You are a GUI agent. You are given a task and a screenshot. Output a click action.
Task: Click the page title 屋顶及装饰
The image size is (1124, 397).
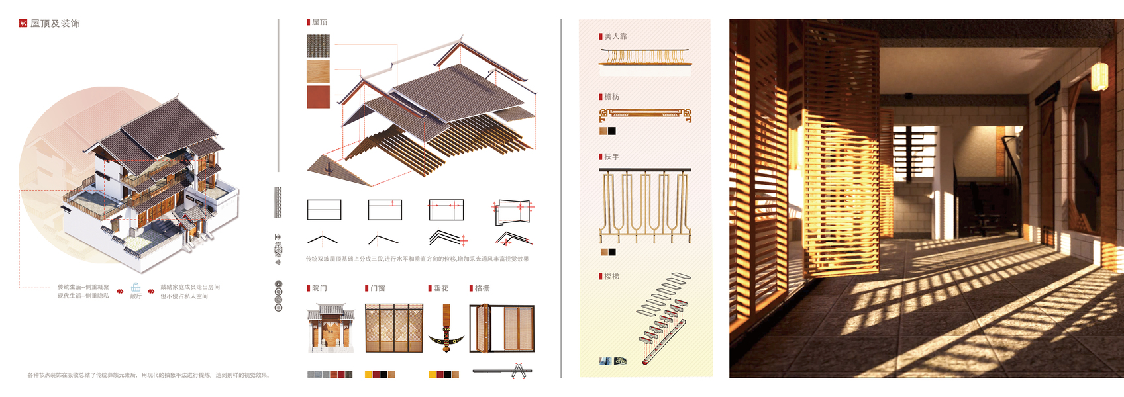[55, 24]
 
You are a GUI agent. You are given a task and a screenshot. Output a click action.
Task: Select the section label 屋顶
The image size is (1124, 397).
[319, 22]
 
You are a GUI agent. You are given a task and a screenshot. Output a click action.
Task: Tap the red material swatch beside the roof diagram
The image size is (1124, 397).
[318, 97]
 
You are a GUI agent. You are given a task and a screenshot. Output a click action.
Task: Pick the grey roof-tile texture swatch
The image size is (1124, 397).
[318, 46]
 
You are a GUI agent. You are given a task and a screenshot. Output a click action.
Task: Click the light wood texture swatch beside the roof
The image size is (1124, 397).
[318, 71]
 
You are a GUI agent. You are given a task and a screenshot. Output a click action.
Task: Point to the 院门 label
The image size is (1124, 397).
[319, 288]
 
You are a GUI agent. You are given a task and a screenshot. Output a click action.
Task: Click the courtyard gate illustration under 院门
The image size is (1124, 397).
[331, 328]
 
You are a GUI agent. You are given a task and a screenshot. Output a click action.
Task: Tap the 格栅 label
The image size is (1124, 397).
[482, 288]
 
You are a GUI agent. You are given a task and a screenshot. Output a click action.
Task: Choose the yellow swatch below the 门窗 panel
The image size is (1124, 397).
[368, 375]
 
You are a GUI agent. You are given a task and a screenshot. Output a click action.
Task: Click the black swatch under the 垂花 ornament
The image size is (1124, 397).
[448, 375]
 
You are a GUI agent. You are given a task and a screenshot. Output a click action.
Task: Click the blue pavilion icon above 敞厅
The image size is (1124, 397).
[136, 287]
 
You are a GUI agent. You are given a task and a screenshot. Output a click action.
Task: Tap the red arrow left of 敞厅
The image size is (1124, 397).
[120, 291]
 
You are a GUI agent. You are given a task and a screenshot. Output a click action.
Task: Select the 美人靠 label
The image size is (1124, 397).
[615, 36]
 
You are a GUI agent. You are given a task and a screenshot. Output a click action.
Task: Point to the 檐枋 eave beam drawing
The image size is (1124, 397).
[645, 115]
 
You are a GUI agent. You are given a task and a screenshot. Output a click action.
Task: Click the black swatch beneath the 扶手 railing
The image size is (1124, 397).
[612, 252]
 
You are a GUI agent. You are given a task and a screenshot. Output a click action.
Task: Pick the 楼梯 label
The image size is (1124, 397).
[611, 277]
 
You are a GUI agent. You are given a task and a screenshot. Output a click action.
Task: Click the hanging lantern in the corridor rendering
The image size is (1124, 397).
[1099, 76]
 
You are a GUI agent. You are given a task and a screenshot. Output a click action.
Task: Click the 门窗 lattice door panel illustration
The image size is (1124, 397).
[394, 328]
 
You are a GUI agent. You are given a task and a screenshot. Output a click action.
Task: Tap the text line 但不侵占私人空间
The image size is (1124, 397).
[184, 296]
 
